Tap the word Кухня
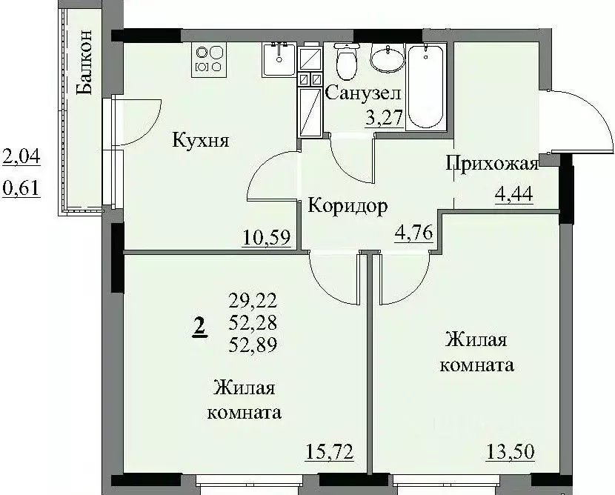(x=200, y=140)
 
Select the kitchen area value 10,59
(x=265, y=238)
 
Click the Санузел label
(x=363, y=94)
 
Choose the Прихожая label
(x=491, y=164)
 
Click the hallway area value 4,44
(x=514, y=195)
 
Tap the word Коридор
(x=348, y=206)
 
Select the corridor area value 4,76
(x=411, y=238)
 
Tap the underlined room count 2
(x=199, y=325)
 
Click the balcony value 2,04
(x=21, y=156)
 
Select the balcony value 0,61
(x=21, y=189)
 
